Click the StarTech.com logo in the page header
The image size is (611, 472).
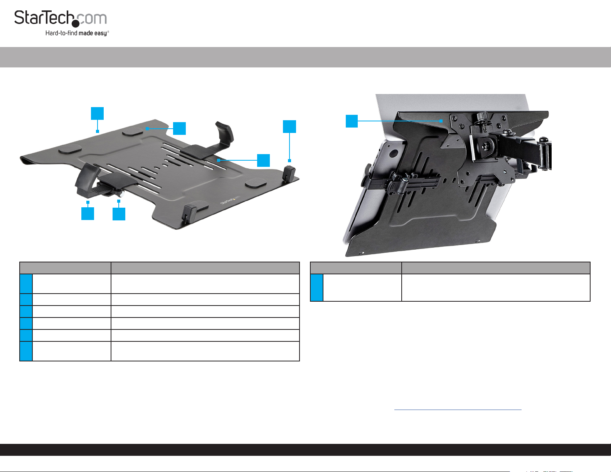pyautogui.click(x=61, y=22)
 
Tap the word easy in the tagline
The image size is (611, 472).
pyautogui.click(x=100, y=34)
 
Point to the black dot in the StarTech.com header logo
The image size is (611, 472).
pyautogui.click(x=76, y=24)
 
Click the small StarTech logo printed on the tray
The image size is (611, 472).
pyautogui.click(x=230, y=200)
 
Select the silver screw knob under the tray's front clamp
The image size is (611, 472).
pyautogui.click(x=121, y=193)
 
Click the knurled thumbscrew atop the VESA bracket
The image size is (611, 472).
pyautogui.click(x=481, y=116)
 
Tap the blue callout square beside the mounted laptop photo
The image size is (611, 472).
pyautogui.click(x=352, y=121)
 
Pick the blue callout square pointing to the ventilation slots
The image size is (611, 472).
pyautogui.click(x=263, y=160)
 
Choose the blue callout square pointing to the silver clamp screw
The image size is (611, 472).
pyautogui.click(x=119, y=214)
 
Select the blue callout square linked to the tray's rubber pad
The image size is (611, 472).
pyautogui.click(x=179, y=128)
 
